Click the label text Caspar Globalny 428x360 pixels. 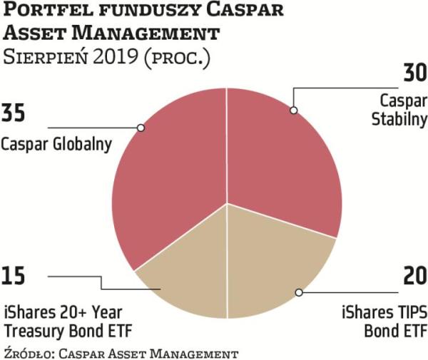coord(56,144)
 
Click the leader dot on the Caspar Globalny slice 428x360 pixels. coord(141,128)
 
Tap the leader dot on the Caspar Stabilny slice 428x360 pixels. coord(292,110)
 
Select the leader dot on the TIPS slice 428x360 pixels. coord(300,293)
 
